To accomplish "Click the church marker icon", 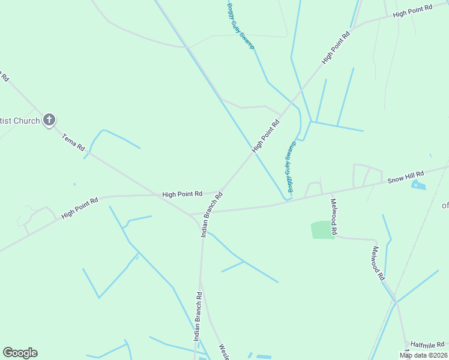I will (49, 120).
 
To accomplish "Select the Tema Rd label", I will (74, 142).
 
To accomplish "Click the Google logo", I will (20, 353).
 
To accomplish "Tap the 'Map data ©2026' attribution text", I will (423, 355).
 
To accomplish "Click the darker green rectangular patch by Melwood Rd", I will (323, 230).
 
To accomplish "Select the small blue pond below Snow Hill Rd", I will (418, 185).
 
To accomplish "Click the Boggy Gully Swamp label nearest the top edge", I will (241, 26).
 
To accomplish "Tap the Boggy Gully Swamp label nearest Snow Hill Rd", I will (291, 168).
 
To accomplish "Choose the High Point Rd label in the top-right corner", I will (412, 11).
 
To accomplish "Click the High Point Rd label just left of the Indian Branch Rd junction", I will (182, 194).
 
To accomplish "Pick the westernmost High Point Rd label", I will (79, 208).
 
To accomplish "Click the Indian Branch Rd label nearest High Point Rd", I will (212, 214).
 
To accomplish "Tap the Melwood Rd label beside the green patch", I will (334, 217).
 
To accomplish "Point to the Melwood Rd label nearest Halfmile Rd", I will (378, 263).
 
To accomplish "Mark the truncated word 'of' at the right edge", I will (445, 206).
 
